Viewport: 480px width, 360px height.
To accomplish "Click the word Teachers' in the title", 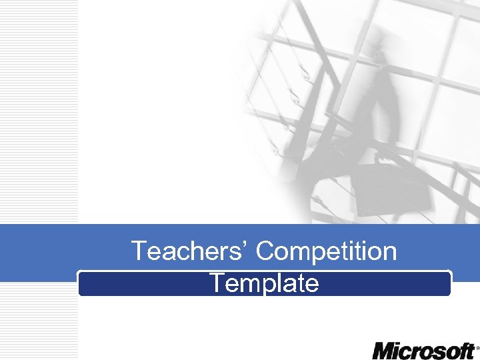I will pyautogui.click(x=189, y=251).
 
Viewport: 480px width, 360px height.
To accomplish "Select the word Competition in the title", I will pyautogui.click(x=326, y=251).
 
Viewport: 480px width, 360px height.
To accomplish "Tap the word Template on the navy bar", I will pyautogui.click(x=264, y=283).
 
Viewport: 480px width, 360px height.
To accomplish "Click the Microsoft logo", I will pyautogui.click(x=423, y=351).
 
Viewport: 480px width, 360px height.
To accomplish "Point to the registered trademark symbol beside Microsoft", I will pyautogui.click(x=477, y=347).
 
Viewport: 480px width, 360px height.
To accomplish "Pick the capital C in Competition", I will pyautogui.click(x=265, y=251).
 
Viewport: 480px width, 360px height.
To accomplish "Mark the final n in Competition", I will pyautogui.click(x=389, y=253).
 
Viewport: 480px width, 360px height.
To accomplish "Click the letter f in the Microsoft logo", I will pyautogui.click(x=460, y=350).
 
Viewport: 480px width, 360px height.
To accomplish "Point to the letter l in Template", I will pyautogui.click(x=279, y=283).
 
